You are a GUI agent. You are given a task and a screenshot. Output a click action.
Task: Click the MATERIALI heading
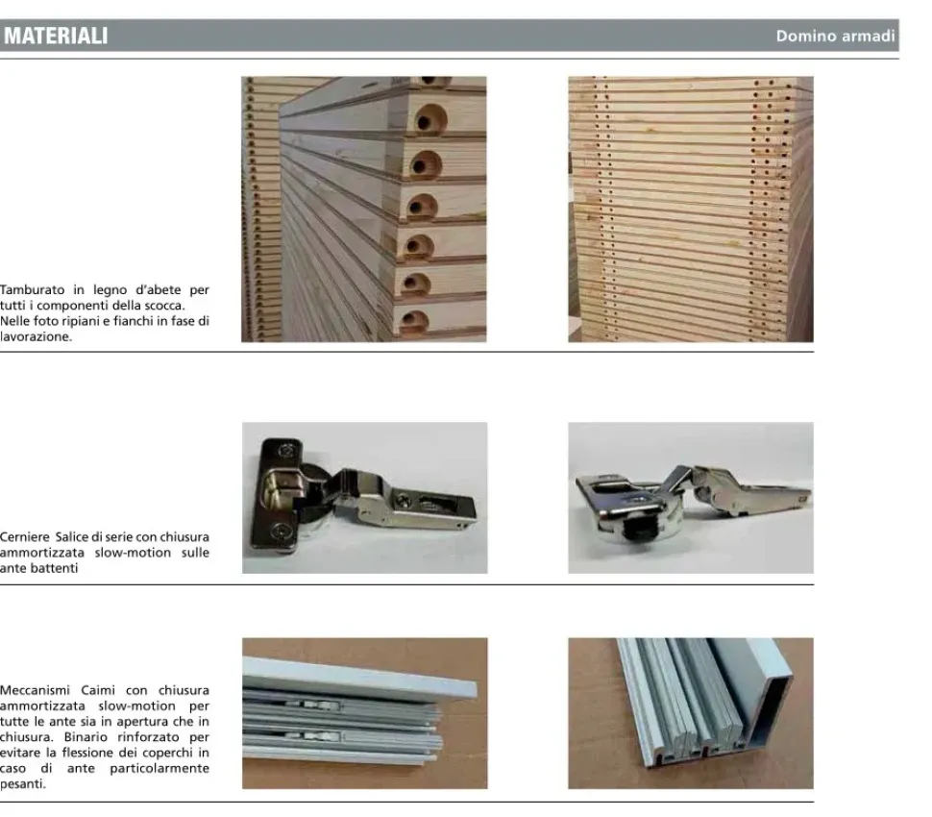point(56,37)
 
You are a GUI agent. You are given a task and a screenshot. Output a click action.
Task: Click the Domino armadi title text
point(835,37)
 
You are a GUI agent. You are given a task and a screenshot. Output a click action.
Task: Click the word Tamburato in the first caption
point(33,289)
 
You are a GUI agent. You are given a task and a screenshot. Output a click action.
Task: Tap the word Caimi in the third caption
point(98,690)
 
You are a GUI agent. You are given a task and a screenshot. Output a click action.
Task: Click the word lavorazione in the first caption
point(36,336)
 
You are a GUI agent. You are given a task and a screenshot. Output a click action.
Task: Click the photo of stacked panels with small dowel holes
point(690,210)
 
